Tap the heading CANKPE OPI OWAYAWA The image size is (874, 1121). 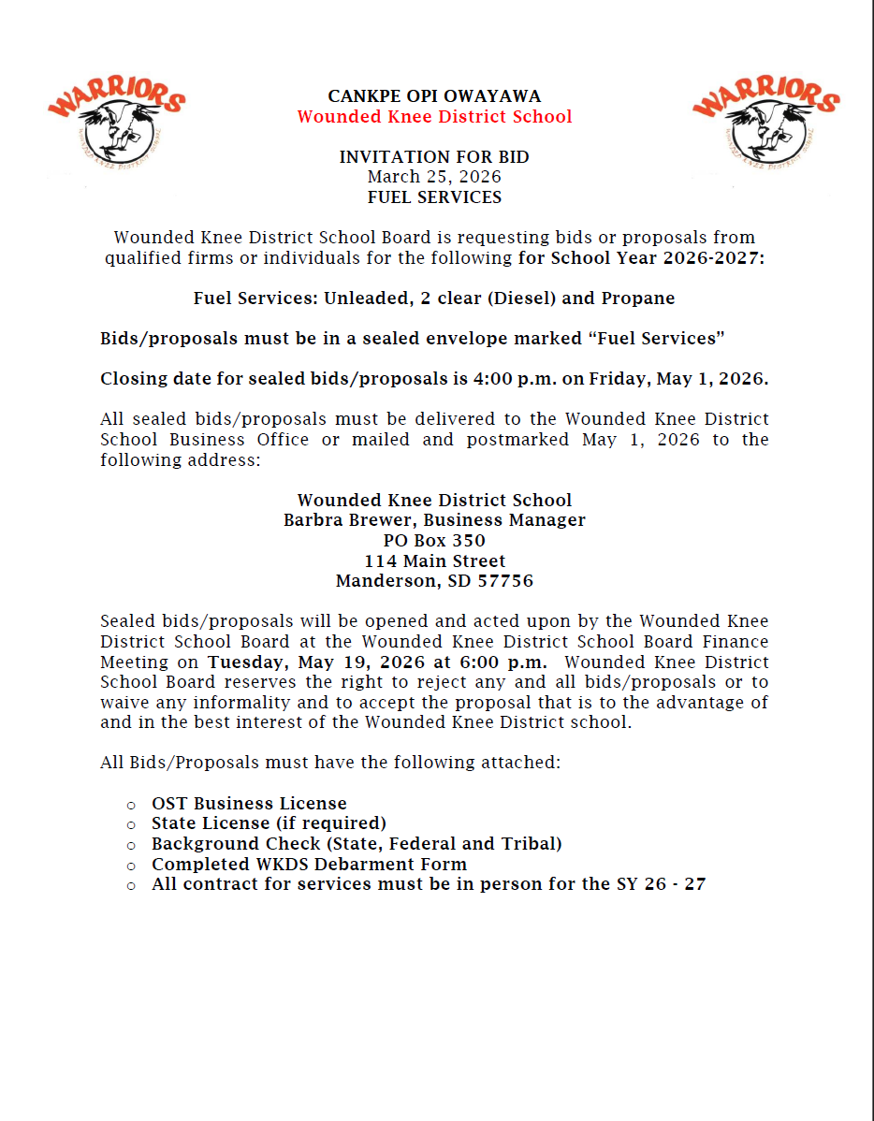pos(434,96)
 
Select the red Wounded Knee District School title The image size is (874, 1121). pos(434,117)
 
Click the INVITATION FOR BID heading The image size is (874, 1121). pos(434,157)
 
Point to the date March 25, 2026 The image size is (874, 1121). pos(434,177)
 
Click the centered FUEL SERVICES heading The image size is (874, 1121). pos(434,197)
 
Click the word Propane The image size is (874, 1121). pos(639,298)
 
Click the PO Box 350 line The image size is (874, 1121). pos(434,541)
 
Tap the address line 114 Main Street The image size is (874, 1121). pos(434,561)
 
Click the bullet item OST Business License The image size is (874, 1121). pos(249,804)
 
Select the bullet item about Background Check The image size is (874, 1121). pos(357,844)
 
